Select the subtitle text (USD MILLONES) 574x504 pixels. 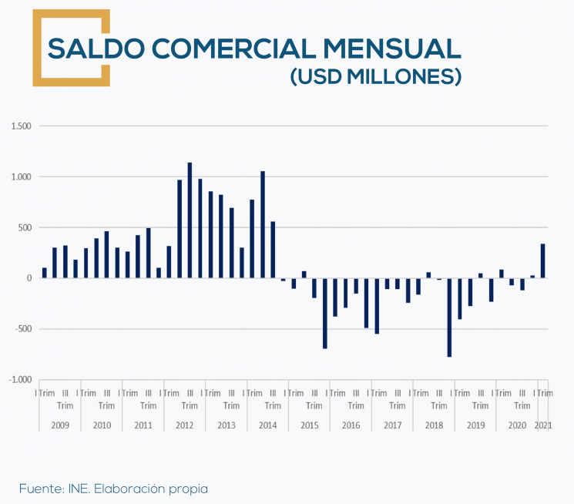pyautogui.click(x=375, y=77)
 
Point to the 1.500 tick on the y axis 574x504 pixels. pyautogui.click(x=22, y=126)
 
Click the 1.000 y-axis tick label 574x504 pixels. pyautogui.click(x=22, y=176)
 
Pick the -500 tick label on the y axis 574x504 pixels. pyautogui.click(x=24, y=329)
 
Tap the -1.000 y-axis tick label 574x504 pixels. pyautogui.click(x=21, y=379)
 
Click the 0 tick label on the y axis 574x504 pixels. pyautogui.click(x=28, y=278)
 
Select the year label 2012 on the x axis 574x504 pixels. pyautogui.click(x=185, y=425)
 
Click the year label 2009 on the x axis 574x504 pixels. pyautogui.click(x=60, y=425)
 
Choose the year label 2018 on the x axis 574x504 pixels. pyautogui.click(x=434, y=425)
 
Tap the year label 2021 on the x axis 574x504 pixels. pyautogui.click(x=542, y=425)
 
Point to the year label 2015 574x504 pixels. pyautogui.click(x=309, y=425)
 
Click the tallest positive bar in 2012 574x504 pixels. pyautogui.click(x=190, y=220)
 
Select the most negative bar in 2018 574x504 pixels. pyautogui.click(x=449, y=317)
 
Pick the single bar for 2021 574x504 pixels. pyautogui.click(x=542, y=261)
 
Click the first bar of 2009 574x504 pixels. pyautogui.click(x=45, y=273)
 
